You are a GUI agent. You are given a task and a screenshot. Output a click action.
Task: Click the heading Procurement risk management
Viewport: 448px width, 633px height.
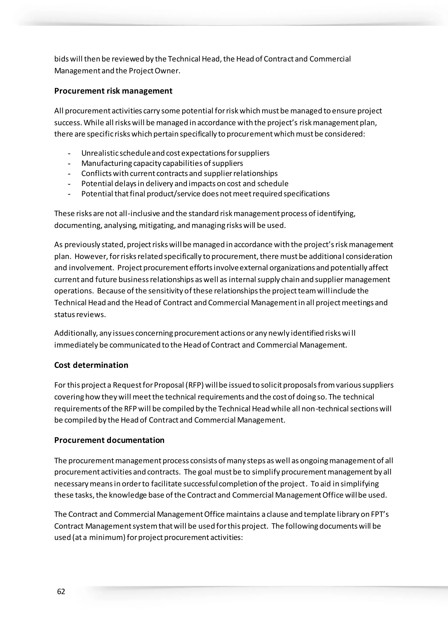click(x=113, y=91)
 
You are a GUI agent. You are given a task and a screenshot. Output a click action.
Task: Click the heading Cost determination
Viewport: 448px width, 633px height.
click(x=91, y=365)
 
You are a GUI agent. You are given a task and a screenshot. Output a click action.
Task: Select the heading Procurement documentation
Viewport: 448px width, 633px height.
click(x=109, y=440)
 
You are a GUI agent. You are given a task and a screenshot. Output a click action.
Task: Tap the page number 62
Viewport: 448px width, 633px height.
click(x=61, y=591)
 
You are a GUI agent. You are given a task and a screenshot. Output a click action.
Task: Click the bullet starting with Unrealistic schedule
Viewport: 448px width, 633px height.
click(x=175, y=153)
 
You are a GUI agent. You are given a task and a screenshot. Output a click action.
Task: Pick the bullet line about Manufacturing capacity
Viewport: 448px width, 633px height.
click(x=162, y=163)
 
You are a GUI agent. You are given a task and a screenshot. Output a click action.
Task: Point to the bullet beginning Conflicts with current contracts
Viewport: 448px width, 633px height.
click(x=179, y=173)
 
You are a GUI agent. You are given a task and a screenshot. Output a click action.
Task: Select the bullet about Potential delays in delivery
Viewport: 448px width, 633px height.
click(x=185, y=184)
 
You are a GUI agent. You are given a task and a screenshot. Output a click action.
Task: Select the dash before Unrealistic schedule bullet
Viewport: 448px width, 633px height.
click(x=69, y=153)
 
